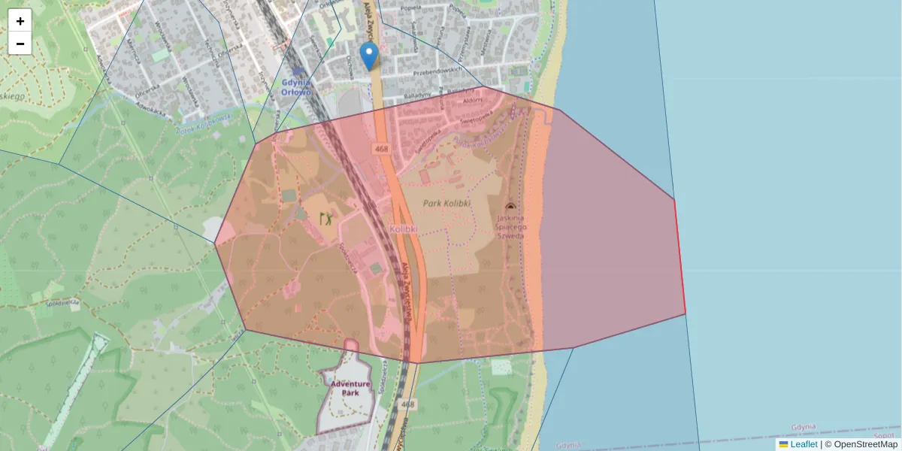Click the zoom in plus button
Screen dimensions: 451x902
[20, 21]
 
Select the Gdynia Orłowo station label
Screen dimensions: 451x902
[295, 87]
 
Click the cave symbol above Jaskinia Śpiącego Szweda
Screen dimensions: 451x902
[510, 206]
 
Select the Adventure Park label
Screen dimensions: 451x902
[350, 388]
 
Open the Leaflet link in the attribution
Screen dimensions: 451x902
[804, 444]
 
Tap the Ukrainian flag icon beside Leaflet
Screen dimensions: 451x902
[784, 444]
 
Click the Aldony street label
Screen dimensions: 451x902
[473, 100]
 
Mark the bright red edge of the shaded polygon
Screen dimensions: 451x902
[680, 256]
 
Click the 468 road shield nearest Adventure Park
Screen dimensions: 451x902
[407, 404]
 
